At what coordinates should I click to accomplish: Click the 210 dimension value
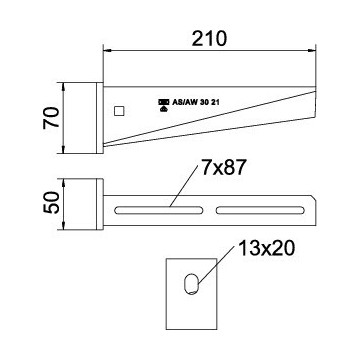click(209, 38)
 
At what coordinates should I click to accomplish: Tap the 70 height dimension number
click(51, 118)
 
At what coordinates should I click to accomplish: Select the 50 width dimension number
click(51, 203)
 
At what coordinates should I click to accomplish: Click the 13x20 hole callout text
click(266, 248)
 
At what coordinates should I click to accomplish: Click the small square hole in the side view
click(119, 111)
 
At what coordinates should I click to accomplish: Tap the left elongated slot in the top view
click(159, 210)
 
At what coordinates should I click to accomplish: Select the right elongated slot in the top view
click(260, 210)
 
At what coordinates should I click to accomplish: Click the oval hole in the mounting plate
click(191, 284)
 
